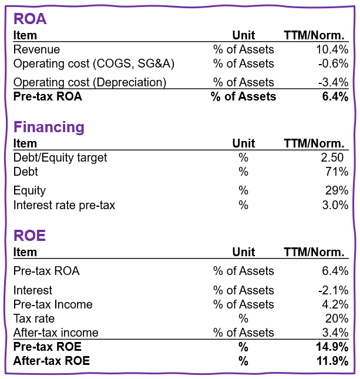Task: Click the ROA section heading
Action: coord(30,19)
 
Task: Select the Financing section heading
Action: coord(49,127)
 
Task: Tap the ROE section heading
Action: coord(29,236)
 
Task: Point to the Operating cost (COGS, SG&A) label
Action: coord(94,64)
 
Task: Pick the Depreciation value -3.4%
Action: coord(335,83)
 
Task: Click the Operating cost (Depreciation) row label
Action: coord(90,83)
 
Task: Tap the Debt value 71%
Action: coord(338,172)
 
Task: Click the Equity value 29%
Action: coord(338,191)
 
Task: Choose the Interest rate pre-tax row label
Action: coord(64,205)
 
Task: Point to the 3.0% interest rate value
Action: coord(337,205)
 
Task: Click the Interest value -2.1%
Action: coord(335,291)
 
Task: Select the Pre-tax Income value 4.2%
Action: coord(337,305)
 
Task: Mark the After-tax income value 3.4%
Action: coord(337,333)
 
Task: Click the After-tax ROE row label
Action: coord(52,361)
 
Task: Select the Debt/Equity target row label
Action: coord(60,158)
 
